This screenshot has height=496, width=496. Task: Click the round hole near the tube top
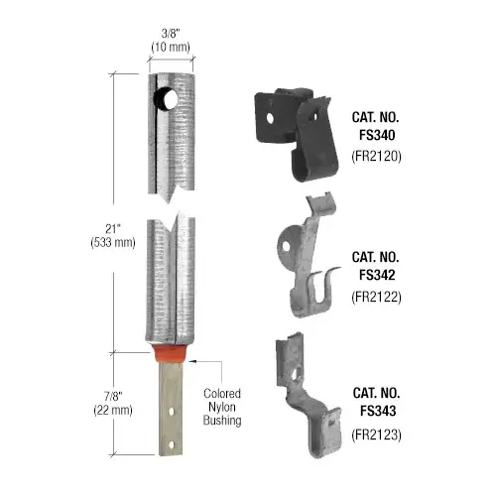163,99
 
